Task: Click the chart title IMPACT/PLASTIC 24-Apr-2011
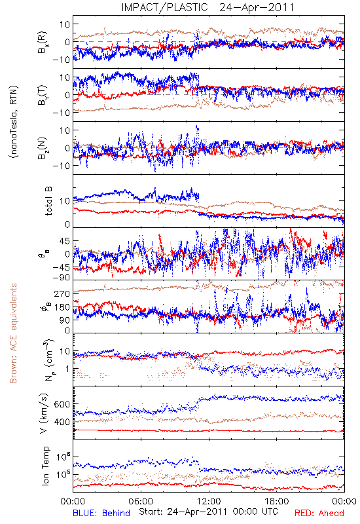coord(207,7)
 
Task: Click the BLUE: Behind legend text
coord(101,513)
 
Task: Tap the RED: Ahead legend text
coord(319,513)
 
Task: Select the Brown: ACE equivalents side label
coord(13,333)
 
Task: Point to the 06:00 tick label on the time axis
coord(141,501)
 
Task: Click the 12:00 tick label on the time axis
coord(209,501)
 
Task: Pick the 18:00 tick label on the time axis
coord(276,501)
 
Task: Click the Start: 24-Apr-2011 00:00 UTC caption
coord(208,512)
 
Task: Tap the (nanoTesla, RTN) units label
coord(14,122)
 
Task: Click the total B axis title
coord(48,201)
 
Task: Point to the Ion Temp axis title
coord(45,466)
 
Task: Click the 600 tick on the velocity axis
coord(62,404)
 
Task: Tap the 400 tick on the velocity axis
coord(62,422)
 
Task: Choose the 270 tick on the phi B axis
coord(62,293)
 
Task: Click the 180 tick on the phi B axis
coord(62,307)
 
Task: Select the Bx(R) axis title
coord(43,43)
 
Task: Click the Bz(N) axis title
coord(43,148)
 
